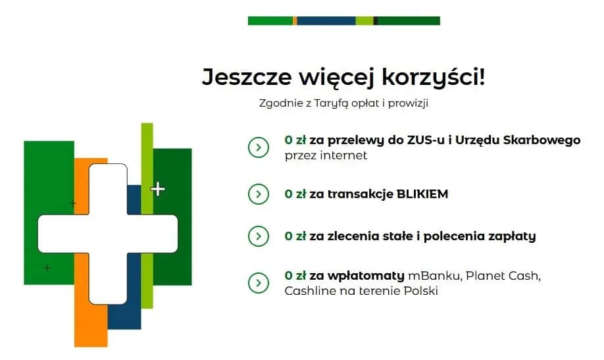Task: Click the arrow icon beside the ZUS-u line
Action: pyautogui.click(x=258, y=147)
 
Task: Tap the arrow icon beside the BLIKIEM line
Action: pyautogui.click(x=258, y=194)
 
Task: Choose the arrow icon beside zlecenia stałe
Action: pyautogui.click(x=258, y=236)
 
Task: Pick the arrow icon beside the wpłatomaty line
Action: pyautogui.click(x=258, y=282)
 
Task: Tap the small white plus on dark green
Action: pyautogui.click(x=158, y=190)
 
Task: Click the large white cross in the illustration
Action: pyautogui.click(x=108, y=234)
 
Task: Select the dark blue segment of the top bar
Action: pyautogui.click(x=326, y=21)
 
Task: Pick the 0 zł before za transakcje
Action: pyautogui.click(x=295, y=194)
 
